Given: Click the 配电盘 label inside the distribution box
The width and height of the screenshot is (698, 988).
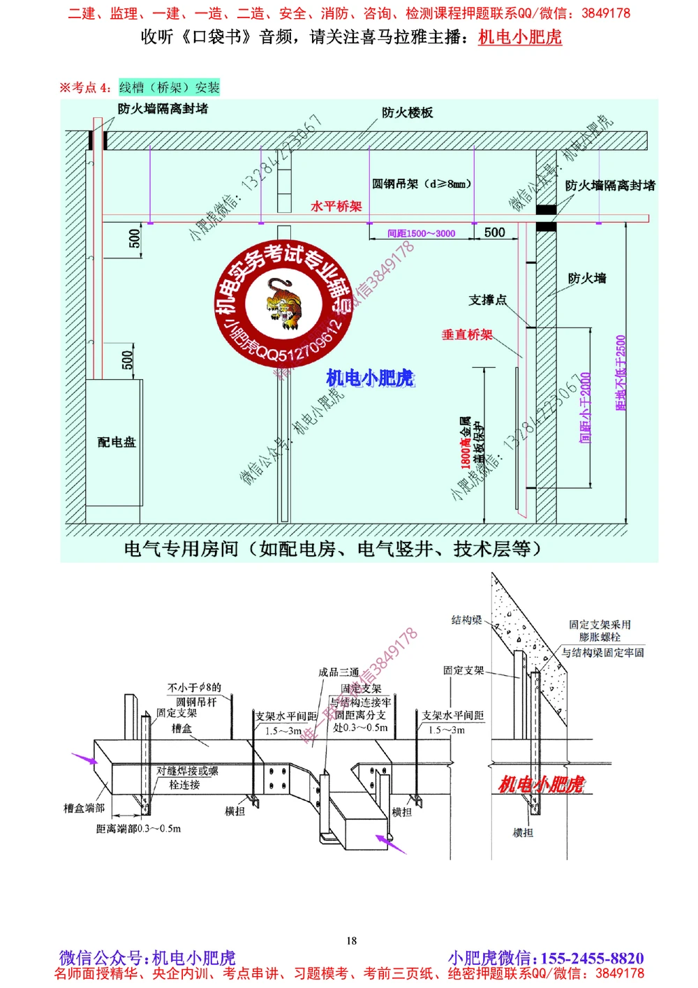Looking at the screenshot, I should [117, 442].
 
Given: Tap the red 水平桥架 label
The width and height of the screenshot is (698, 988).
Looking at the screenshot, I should [336, 207].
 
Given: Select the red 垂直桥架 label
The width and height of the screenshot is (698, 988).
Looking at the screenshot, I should [467, 335].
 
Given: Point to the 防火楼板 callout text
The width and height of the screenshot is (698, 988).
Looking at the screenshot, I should [408, 112].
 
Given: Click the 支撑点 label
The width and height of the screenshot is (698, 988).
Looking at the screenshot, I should [487, 300].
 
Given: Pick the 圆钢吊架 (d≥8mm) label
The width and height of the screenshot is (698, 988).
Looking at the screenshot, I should [422, 184].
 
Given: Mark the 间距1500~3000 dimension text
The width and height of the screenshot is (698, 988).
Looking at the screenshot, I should [422, 234].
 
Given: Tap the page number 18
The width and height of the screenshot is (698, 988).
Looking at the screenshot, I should [352, 941].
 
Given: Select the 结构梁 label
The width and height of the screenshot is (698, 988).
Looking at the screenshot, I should [466, 620].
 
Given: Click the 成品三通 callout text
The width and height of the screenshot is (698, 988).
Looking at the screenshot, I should [339, 672].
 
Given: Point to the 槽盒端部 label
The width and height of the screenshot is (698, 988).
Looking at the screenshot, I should [84, 809].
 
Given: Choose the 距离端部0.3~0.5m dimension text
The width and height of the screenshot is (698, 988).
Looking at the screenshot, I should [138, 829].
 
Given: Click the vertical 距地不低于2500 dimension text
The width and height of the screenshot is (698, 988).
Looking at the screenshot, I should [621, 374].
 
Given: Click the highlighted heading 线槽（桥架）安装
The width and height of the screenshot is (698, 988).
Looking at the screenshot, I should [169, 87].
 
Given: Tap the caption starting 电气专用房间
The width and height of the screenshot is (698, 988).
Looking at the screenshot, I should [332, 549].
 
